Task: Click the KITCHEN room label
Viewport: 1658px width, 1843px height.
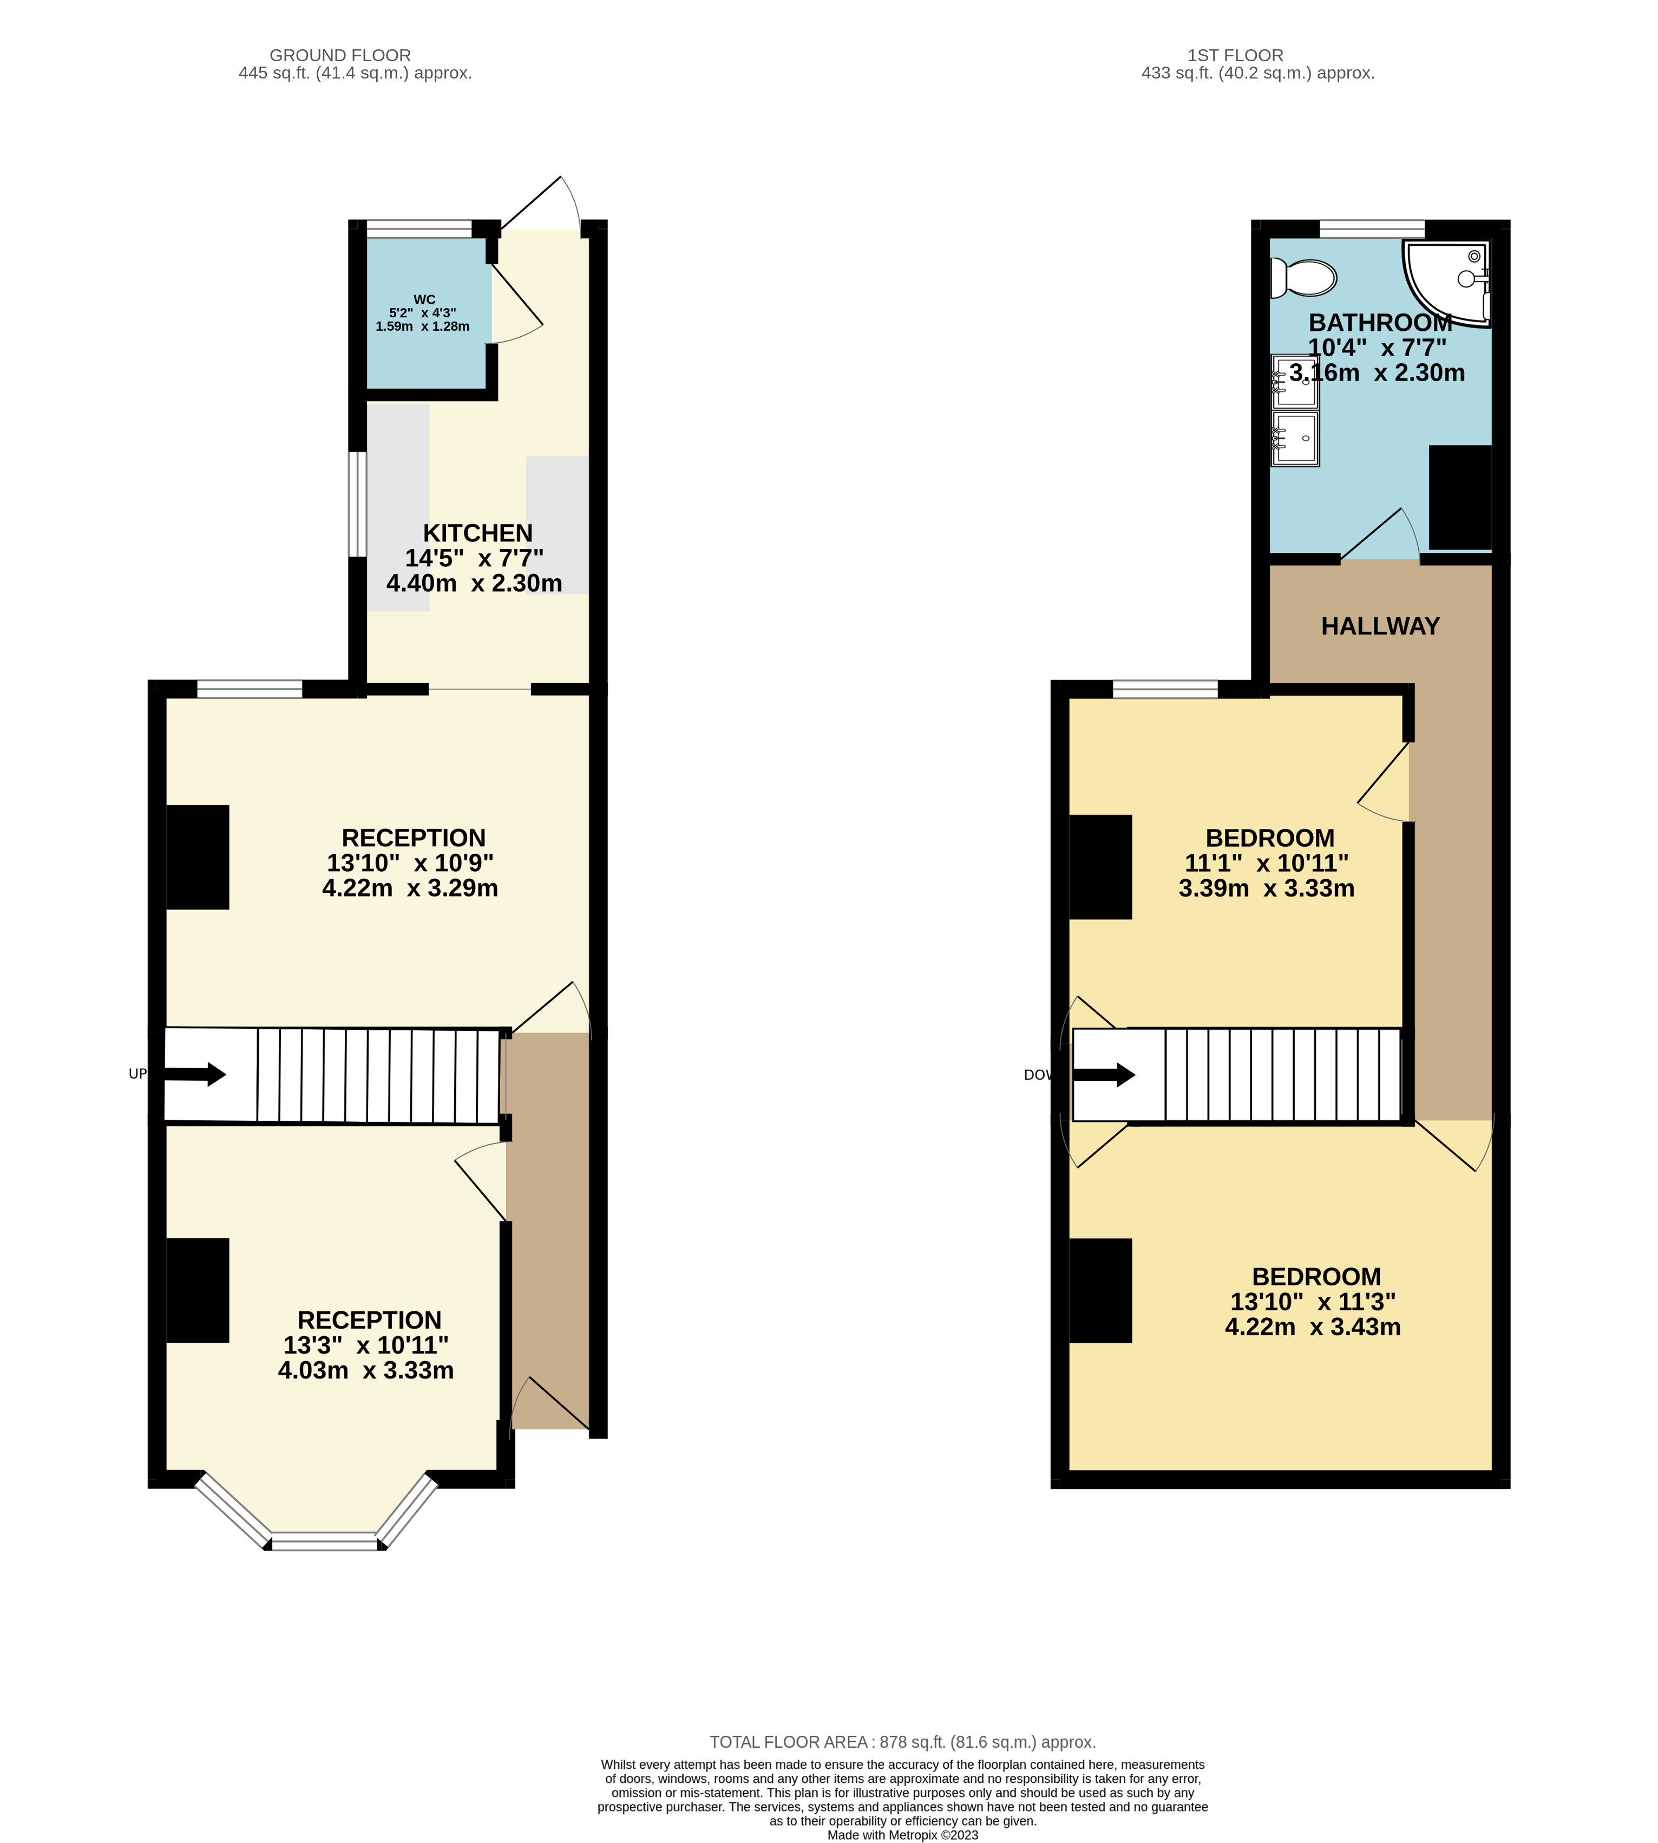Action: [x=477, y=533]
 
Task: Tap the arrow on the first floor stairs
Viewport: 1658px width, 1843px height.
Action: [x=1104, y=1075]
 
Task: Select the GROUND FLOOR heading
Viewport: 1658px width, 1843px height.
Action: [x=340, y=56]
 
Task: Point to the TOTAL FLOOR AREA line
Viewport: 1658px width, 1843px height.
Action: [x=902, y=1741]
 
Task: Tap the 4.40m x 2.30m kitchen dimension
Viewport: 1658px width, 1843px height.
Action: [x=474, y=583]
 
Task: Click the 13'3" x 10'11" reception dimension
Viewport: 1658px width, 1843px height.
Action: [x=365, y=1345]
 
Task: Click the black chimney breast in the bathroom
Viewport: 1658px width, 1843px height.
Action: [x=1459, y=498]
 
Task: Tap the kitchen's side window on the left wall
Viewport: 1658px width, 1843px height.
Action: [x=357, y=504]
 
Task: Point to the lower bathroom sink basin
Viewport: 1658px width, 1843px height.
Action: [x=1294, y=438]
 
